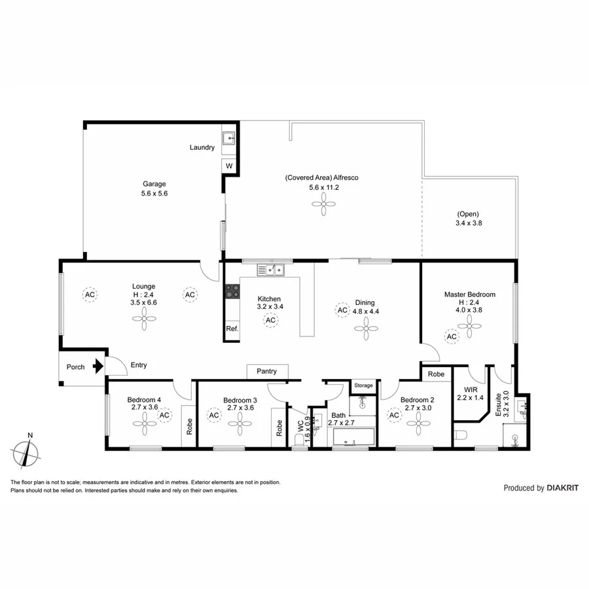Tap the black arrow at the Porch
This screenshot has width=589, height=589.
pyautogui.click(x=98, y=366)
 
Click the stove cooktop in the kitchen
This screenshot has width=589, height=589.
pyautogui.click(x=232, y=291)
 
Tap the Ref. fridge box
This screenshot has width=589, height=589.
pyautogui.click(x=232, y=329)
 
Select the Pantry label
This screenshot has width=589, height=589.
pyautogui.click(x=266, y=371)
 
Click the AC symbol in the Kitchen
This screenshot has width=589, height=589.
pyautogui.click(x=270, y=320)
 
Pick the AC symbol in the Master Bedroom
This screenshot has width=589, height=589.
pyautogui.click(x=452, y=336)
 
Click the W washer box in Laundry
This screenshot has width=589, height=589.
pyautogui.click(x=229, y=166)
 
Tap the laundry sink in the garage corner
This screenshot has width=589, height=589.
pyautogui.click(x=229, y=139)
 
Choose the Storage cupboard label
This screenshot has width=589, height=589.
pyautogui.click(x=363, y=385)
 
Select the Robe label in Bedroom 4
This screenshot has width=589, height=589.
pyautogui.click(x=190, y=427)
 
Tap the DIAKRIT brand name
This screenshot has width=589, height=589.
pyautogui.click(x=563, y=488)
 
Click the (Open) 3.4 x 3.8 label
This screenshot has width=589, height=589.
pyautogui.click(x=468, y=219)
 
